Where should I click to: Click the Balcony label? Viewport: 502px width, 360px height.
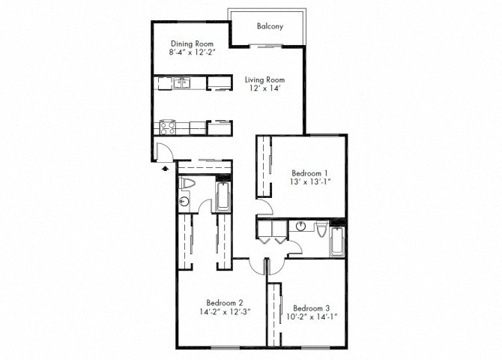point(269,26)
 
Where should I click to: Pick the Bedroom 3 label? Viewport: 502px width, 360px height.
point(312,307)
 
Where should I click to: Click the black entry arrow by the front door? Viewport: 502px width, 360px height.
point(164,169)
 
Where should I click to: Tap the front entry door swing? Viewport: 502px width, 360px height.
point(164,152)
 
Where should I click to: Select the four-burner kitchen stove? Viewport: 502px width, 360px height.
point(166,127)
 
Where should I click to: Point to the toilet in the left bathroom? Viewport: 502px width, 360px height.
point(187,184)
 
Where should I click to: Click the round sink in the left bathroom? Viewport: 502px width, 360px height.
point(184,201)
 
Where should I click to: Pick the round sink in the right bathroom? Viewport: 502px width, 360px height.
point(300,226)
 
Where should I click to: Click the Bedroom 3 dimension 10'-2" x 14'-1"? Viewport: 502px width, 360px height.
point(312,318)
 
